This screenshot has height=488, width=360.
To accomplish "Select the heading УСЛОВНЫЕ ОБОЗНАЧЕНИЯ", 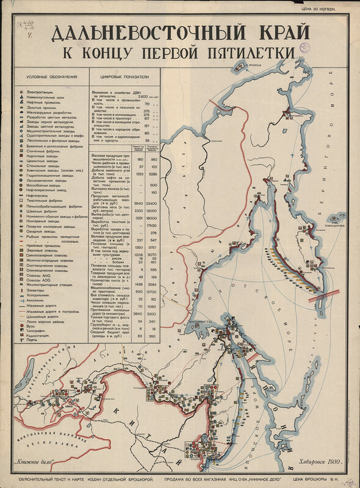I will pyautogui.click(x=51, y=77).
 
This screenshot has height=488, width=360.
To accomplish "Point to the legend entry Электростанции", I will pyautogui.click(x=40, y=91).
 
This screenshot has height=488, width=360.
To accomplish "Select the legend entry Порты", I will pyautogui.click(x=33, y=340).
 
